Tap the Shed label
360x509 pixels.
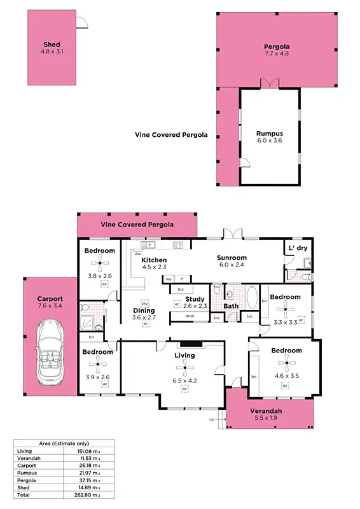[51, 45]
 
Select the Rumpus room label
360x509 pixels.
[269, 134]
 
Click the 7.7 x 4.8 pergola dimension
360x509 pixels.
[277, 55]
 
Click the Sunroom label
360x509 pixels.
[232, 256]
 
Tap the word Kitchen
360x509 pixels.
[154, 260]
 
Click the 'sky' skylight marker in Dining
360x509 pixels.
[144, 303]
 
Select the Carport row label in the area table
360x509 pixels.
[26, 465]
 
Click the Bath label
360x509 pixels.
[230, 306]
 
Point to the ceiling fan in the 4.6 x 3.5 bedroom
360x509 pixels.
[286, 365]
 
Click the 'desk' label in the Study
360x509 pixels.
[190, 316]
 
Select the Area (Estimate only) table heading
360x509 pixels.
[63, 443]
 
